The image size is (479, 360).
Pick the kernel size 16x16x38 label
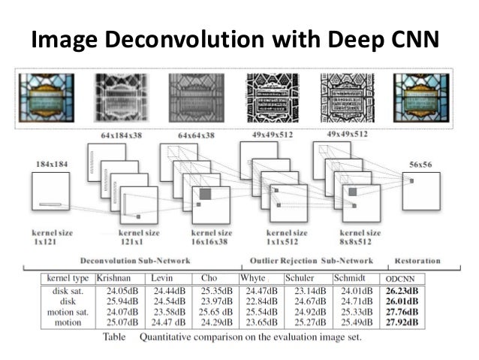(x=207, y=238)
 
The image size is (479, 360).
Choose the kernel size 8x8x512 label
(x=361, y=238)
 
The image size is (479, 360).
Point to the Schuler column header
(x=302, y=278)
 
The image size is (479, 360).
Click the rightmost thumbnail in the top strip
(x=422, y=92)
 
